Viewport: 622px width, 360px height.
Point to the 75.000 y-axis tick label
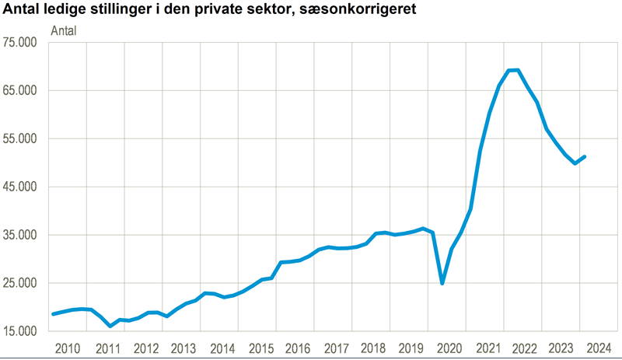[x=23, y=42]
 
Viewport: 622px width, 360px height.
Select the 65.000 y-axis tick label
[x=23, y=90]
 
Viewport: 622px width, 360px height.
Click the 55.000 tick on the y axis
[x=23, y=138]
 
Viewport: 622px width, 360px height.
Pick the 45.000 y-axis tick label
[x=23, y=187]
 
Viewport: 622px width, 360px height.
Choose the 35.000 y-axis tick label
[x=23, y=235]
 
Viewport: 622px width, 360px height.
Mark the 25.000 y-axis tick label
[x=23, y=283]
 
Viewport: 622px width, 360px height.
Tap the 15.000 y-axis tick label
[x=23, y=331]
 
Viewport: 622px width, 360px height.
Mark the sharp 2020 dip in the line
[x=442, y=283]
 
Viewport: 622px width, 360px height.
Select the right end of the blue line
[x=585, y=156]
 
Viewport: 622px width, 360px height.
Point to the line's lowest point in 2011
[x=110, y=326]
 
